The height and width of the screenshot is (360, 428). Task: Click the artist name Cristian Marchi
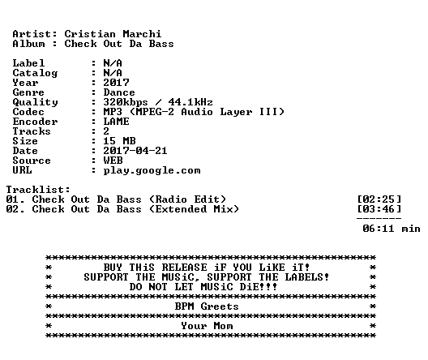coord(113,34)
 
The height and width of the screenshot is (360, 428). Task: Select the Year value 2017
coord(116,83)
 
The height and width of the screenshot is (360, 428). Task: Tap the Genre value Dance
coord(119,92)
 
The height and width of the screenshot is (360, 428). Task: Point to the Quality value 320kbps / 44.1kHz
coord(158,102)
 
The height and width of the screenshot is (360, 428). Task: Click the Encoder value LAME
coord(116,122)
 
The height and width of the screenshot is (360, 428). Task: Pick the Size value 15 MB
coord(119,141)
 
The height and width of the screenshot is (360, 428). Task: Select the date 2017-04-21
coord(135,151)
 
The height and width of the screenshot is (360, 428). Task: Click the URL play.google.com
coord(152,171)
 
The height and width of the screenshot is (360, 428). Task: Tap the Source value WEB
coord(113,161)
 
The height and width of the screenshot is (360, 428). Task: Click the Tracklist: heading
coord(38,190)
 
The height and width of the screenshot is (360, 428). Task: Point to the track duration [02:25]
coord(379,199)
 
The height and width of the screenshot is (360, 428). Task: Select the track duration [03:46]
coord(379,209)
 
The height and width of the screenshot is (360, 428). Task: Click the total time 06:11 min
coord(392,229)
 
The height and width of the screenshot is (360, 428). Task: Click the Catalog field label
coord(35,73)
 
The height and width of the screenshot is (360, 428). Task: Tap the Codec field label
coord(28,112)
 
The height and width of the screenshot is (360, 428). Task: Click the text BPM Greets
coord(207,306)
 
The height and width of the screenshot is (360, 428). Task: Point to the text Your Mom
coord(207,326)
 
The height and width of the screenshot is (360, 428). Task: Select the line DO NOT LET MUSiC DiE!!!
coord(203,287)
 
